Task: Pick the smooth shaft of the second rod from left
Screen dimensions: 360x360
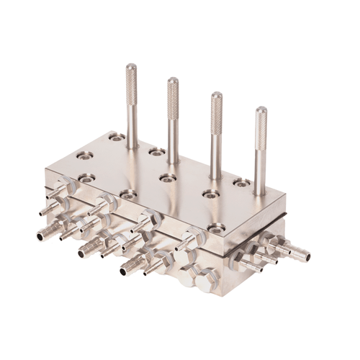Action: pos(173,137)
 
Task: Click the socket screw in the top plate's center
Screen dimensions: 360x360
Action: pos(167,177)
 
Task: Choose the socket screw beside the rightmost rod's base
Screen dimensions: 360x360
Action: pos(242,182)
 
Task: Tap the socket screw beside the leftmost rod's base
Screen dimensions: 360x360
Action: pos(116,136)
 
